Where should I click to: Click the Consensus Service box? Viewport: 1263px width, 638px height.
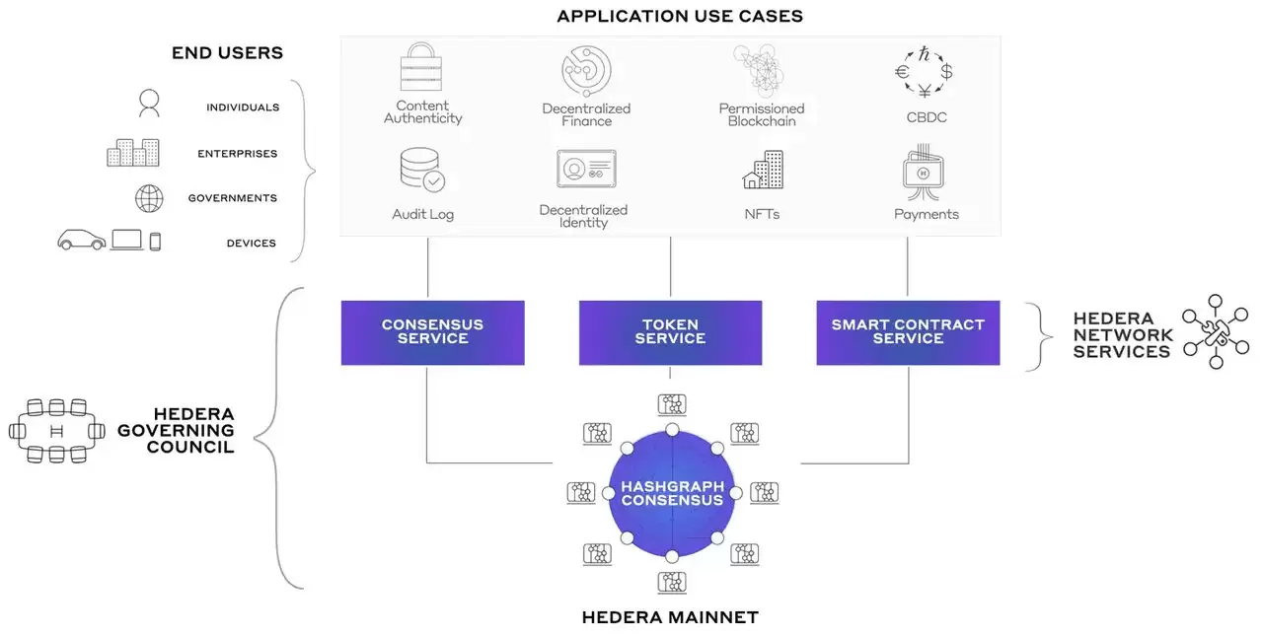[432, 332]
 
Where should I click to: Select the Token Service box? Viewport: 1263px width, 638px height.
[670, 332]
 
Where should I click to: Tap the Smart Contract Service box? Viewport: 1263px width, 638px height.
[908, 332]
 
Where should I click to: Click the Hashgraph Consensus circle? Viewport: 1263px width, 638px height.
[671, 493]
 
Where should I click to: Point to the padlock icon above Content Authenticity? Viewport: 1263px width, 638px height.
[420, 67]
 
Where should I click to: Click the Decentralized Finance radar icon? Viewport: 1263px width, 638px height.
[586, 70]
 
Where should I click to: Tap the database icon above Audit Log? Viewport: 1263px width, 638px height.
[421, 170]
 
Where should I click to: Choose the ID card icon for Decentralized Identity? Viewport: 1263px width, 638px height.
[586, 170]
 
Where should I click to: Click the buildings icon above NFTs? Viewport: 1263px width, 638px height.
[763, 171]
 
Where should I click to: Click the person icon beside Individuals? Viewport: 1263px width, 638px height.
[149, 104]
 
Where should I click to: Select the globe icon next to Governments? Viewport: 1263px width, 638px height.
[149, 198]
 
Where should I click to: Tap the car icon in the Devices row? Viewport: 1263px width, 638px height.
[81, 240]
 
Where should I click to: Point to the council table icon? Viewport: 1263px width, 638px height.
[57, 431]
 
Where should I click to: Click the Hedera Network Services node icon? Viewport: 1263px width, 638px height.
[1216, 331]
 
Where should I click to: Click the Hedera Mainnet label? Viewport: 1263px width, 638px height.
[670, 618]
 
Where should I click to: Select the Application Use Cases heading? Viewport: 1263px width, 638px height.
[680, 16]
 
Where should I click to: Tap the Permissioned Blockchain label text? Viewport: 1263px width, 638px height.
[761, 114]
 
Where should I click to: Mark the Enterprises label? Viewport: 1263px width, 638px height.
[237, 154]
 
